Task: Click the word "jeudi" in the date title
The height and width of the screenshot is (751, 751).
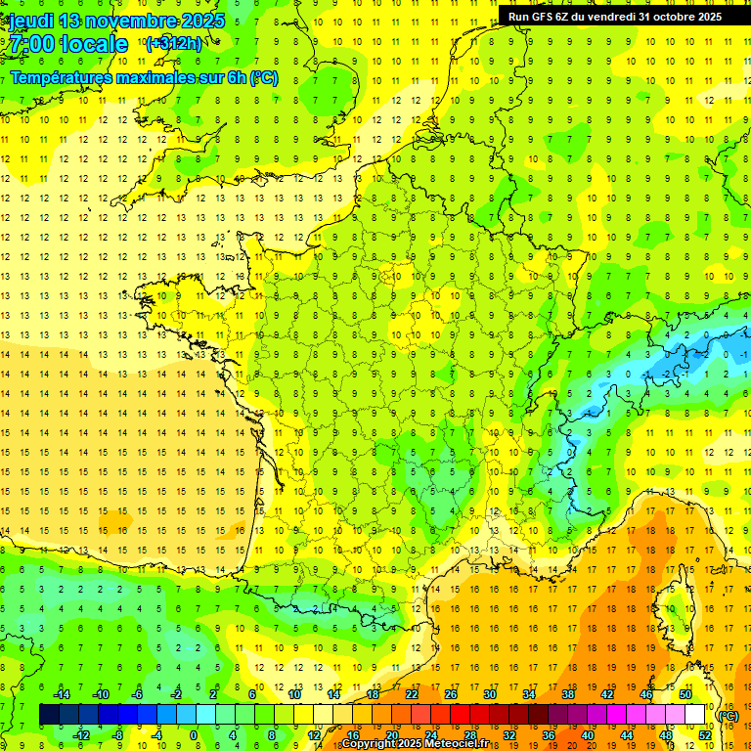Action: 31,21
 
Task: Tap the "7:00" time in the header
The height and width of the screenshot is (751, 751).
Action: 31,44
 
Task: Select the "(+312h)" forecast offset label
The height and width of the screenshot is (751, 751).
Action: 173,44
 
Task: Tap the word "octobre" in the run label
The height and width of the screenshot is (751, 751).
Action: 669,17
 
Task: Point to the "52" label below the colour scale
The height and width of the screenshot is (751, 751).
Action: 705,734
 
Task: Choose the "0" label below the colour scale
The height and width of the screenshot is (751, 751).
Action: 193,734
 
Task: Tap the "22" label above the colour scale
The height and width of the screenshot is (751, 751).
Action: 412,694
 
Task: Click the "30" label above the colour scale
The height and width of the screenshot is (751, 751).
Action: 490,694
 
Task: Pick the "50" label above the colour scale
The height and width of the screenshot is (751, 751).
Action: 685,694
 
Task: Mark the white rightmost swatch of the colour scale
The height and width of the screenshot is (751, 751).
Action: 695,715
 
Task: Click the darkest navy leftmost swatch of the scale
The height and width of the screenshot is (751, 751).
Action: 49,715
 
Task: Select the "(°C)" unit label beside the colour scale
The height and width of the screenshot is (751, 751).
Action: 729,715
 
